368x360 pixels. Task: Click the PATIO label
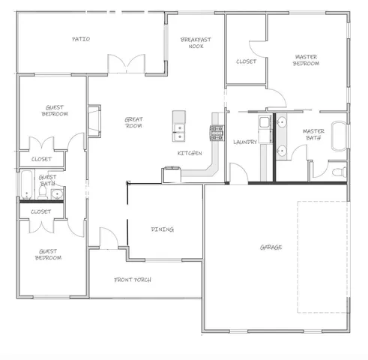click(81, 39)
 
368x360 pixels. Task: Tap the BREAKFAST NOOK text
click(196, 43)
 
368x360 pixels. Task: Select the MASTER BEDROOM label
click(306, 60)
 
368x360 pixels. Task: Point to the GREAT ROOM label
click(133, 122)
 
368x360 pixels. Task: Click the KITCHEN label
click(189, 153)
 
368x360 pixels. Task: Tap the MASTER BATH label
click(313, 135)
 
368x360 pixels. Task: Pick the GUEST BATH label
click(47, 181)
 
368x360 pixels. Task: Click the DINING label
click(163, 229)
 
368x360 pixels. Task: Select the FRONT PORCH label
click(133, 280)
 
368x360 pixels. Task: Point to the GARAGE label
click(271, 247)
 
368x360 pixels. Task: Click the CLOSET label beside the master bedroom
click(246, 61)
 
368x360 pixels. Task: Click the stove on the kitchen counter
click(216, 133)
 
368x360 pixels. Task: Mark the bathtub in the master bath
click(340, 135)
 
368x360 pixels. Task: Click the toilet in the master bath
click(340, 172)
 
